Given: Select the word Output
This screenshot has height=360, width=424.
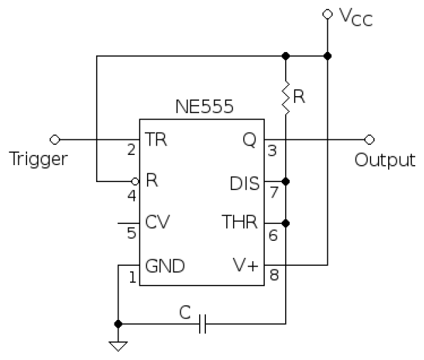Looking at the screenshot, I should [x=385, y=160].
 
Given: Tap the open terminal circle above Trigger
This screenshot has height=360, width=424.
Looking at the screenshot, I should [x=55, y=139].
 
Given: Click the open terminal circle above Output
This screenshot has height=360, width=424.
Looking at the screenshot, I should [x=369, y=139].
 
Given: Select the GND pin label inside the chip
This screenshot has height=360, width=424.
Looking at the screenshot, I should [x=165, y=265].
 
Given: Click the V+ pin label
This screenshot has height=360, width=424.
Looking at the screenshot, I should [x=245, y=265].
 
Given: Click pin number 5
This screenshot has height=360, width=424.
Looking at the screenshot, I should [x=132, y=234].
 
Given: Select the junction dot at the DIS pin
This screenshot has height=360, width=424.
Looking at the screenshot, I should [x=286, y=181].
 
